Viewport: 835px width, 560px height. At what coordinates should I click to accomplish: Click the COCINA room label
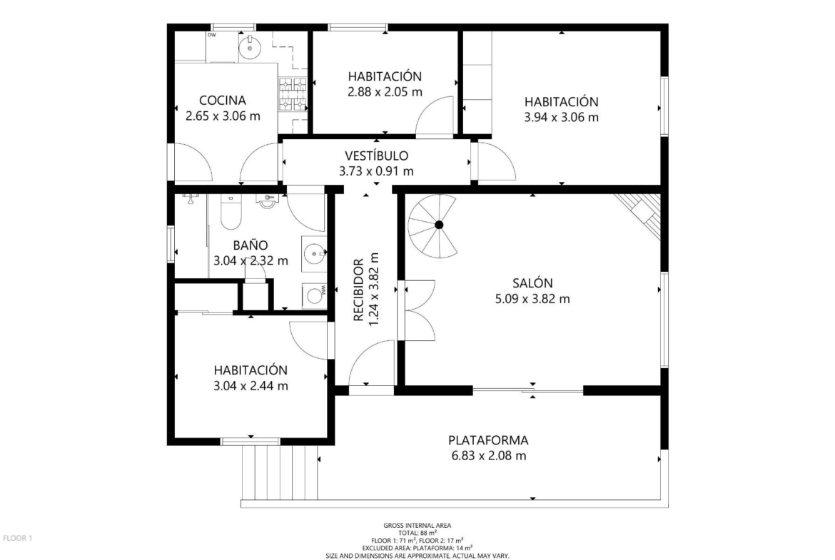click(x=223, y=100)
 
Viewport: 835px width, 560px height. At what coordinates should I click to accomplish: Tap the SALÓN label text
click(x=532, y=282)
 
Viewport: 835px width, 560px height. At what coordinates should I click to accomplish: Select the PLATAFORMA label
click(x=488, y=440)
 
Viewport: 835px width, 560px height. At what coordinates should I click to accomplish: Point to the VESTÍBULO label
click(x=377, y=156)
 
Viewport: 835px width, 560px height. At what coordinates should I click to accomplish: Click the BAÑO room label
click(x=250, y=245)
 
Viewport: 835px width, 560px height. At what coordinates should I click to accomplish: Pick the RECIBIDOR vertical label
click(x=358, y=290)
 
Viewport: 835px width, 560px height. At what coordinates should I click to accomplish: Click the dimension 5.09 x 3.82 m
click(x=532, y=299)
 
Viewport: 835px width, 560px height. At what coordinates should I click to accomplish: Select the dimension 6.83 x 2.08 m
click(x=488, y=456)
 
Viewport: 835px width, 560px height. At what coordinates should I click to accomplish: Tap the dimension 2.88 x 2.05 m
click(x=385, y=91)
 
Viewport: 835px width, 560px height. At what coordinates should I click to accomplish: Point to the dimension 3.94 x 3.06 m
click(x=561, y=117)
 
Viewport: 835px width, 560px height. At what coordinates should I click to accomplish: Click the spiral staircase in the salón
click(x=433, y=226)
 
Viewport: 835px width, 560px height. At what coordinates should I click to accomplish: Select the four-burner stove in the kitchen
click(x=293, y=95)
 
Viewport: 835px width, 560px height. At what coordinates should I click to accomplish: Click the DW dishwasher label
click(x=211, y=35)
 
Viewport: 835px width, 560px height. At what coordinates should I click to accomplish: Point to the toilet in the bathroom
click(x=231, y=212)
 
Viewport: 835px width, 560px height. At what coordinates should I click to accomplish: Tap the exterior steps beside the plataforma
click(x=280, y=472)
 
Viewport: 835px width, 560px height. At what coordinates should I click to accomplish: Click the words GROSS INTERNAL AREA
click(x=417, y=525)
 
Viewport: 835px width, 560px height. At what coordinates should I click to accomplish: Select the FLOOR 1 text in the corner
click(x=18, y=538)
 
